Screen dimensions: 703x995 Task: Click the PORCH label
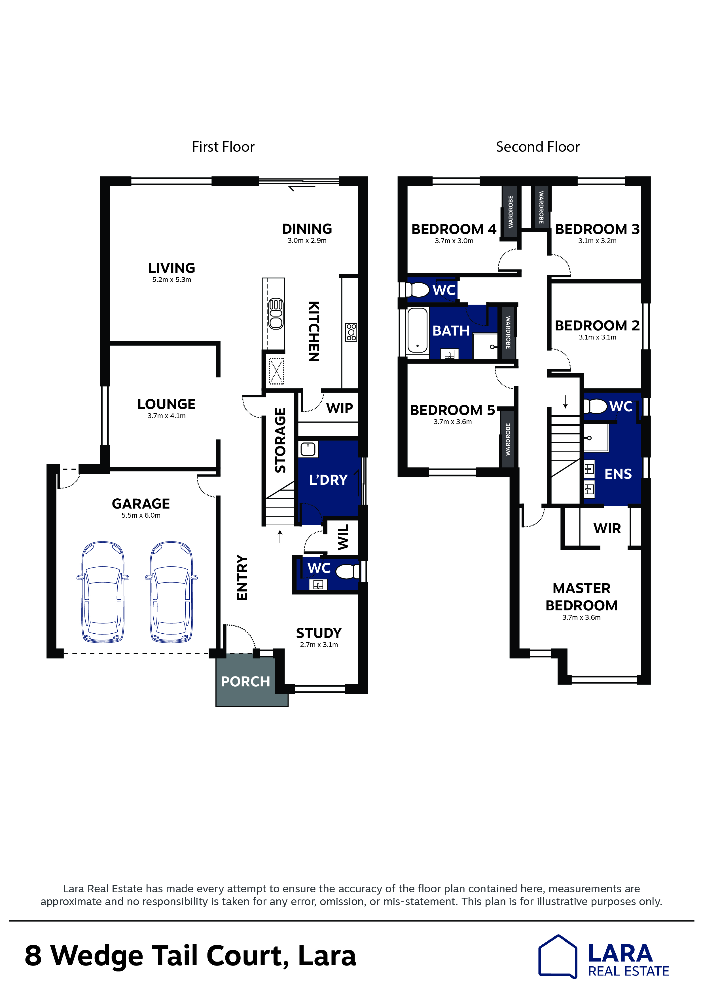tap(245, 681)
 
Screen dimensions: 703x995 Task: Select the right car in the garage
tap(171, 592)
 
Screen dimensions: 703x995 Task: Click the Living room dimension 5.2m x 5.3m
tap(171, 279)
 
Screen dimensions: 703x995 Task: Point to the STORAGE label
tap(280, 440)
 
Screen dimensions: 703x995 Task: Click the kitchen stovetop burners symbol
tap(351, 332)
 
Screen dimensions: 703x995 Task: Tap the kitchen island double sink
tap(276, 314)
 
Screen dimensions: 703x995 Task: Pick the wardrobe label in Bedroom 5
tap(508, 439)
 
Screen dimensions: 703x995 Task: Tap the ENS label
tap(618, 474)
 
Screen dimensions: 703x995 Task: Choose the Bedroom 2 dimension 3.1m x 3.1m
tap(597, 337)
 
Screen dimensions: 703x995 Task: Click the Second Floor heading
tap(537, 147)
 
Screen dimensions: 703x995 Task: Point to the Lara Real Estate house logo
tap(558, 956)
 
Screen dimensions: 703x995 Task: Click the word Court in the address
tap(247, 956)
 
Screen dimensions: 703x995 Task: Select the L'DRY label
tap(328, 480)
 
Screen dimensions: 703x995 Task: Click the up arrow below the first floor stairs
tap(280, 536)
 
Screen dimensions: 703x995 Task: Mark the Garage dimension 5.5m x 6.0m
tap(141, 515)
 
